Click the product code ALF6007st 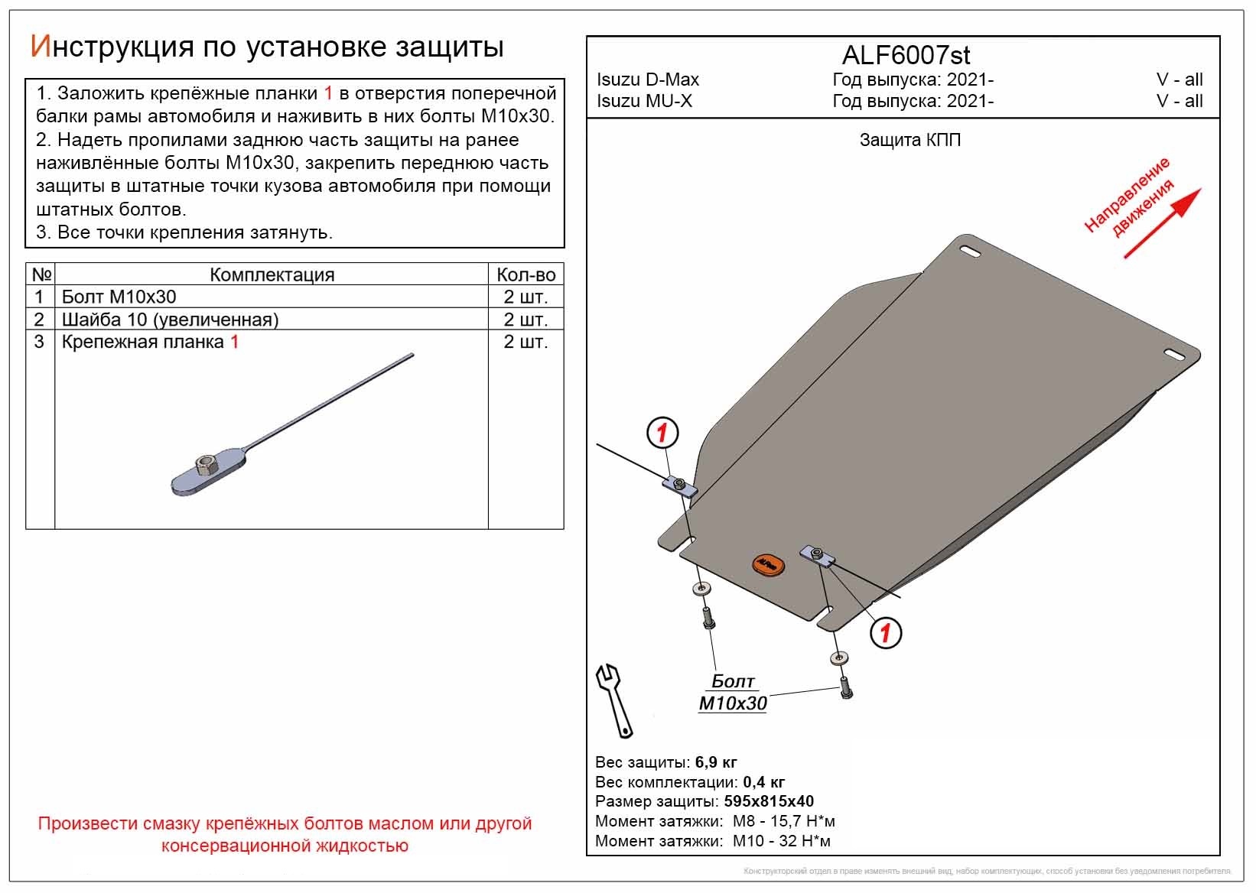(x=906, y=55)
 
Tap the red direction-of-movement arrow (x=1163, y=222)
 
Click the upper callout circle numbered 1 (x=662, y=434)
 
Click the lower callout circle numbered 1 (x=886, y=632)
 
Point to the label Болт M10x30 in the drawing (x=733, y=693)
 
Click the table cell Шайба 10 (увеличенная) (x=170, y=320)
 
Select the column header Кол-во (x=526, y=274)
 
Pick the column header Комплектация (x=272, y=274)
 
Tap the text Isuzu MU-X (x=644, y=101)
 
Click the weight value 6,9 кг (x=716, y=762)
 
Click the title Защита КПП (x=909, y=140)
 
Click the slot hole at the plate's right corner (x=1176, y=352)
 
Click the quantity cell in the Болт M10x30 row (x=526, y=297)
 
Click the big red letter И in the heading (x=40, y=47)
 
